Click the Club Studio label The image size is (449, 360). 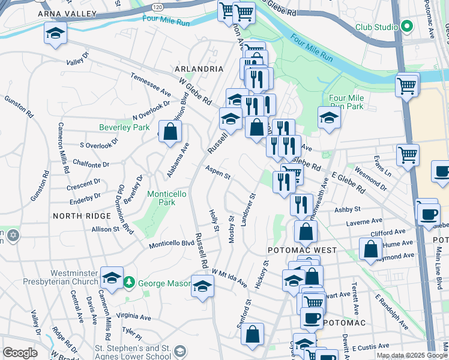[x=376, y=27]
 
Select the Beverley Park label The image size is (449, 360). [x=124, y=127]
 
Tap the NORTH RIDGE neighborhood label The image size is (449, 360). [x=82, y=215]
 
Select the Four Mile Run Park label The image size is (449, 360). [x=346, y=102]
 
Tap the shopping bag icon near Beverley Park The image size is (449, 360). [x=170, y=132]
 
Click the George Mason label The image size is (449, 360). [x=161, y=283]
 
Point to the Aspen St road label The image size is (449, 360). [x=217, y=173]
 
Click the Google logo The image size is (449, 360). [x=20, y=353]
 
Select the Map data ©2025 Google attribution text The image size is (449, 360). [x=412, y=355]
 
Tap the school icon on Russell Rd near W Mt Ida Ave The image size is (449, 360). [x=202, y=286]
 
